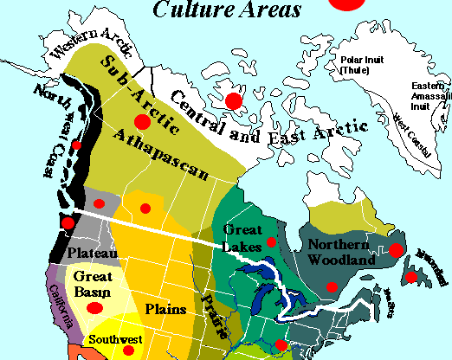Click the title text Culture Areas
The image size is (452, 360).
click(226, 10)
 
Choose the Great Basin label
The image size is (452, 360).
click(93, 283)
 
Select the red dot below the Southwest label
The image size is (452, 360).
click(129, 350)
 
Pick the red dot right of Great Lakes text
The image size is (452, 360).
click(272, 241)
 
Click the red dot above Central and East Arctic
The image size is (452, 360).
click(233, 101)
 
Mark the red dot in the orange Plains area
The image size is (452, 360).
click(145, 208)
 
